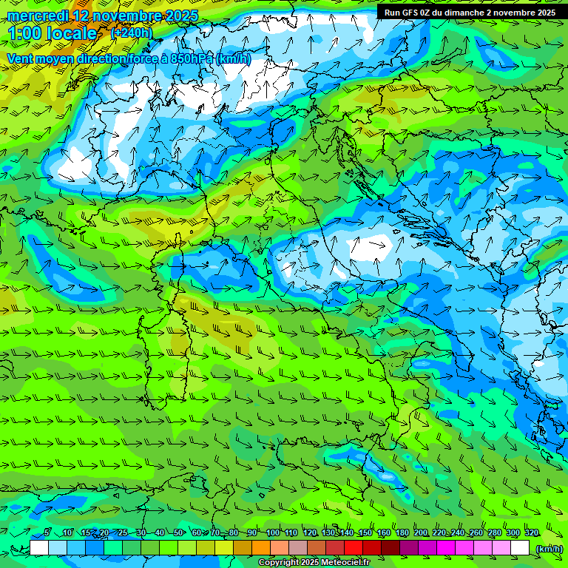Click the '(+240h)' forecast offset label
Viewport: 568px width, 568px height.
(132, 33)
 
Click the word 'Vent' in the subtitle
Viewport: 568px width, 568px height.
(21, 58)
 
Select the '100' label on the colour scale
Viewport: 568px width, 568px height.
(272, 532)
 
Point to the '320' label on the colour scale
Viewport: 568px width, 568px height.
(531, 532)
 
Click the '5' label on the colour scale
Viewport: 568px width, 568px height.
(47, 532)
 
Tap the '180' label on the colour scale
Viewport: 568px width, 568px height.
(402, 532)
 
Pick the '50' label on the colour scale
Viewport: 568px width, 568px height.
(178, 532)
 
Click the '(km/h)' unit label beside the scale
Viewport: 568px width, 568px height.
(549, 548)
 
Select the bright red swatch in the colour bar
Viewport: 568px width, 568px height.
(354, 548)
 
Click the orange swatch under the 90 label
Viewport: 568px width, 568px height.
(261, 548)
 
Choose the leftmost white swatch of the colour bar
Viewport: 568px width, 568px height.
(39, 548)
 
